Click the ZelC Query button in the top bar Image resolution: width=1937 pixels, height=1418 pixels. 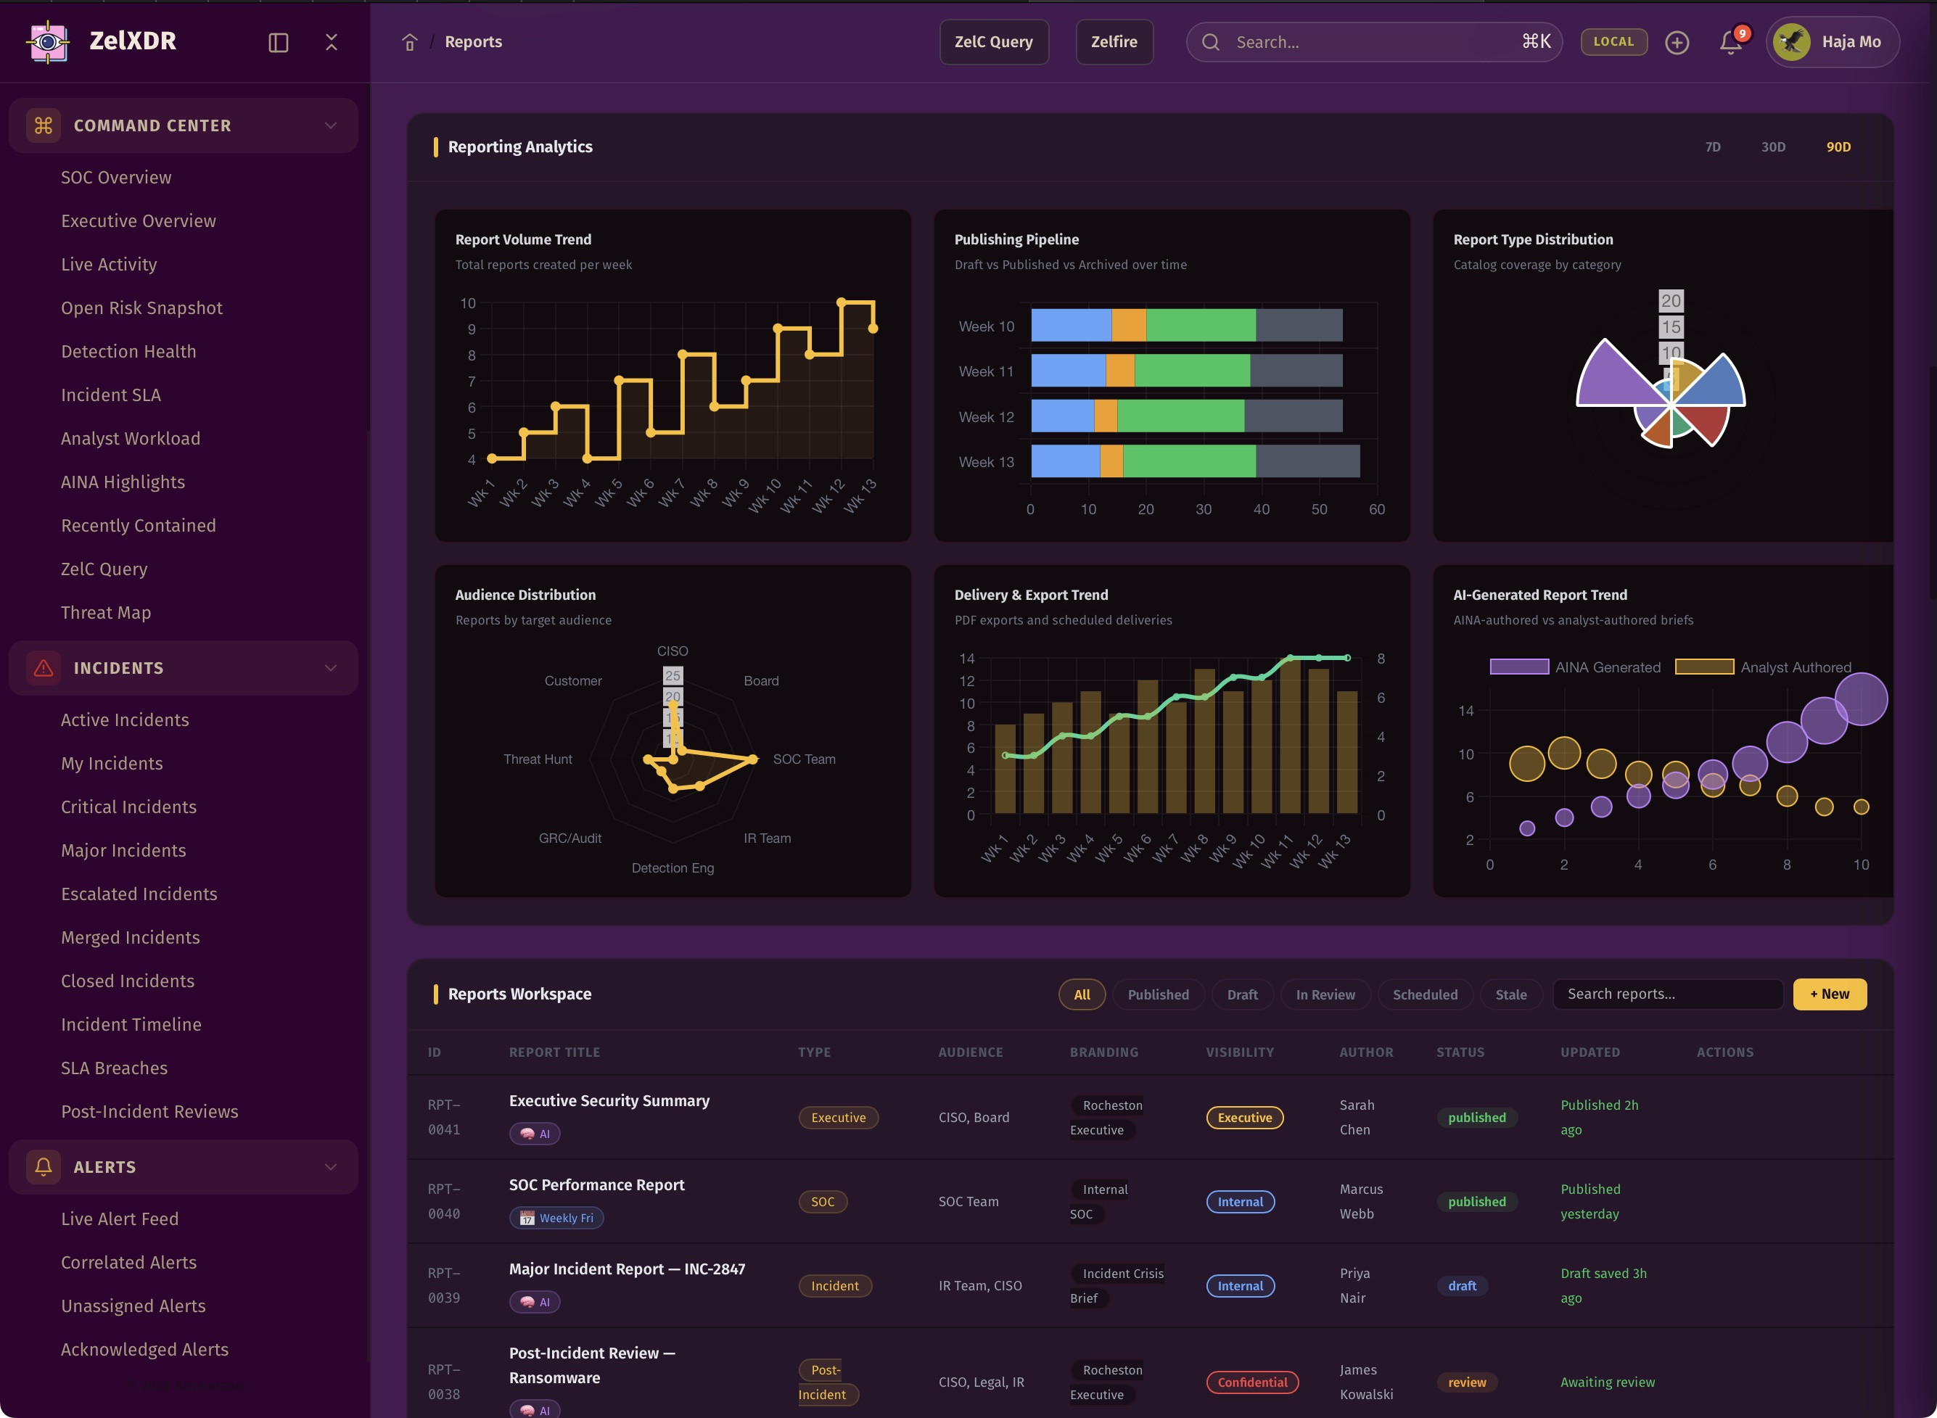[x=993, y=42]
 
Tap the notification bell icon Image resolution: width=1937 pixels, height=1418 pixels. [x=1730, y=42]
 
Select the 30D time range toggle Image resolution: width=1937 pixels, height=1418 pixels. [x=1773, y=147]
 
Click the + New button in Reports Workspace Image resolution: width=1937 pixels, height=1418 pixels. [x=1829, y=994]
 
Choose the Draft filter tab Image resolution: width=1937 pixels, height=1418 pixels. [x=1241, y=994]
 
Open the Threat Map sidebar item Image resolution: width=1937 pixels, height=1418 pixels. [x=106, y=612]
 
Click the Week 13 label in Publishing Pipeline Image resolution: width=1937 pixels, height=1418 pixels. [x=986, y=462]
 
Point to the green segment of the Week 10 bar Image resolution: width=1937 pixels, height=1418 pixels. [x=1201, y=326]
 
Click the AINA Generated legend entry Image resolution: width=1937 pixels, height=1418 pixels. [x=1575, y=667]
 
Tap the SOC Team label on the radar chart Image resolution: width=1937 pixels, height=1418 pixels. [x=804, y=759]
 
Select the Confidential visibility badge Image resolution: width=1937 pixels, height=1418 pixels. [x=1252, y=1382]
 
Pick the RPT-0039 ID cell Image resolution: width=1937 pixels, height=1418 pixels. [x=444, y=1285]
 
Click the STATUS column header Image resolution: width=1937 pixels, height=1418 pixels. [x=1460, y=1052]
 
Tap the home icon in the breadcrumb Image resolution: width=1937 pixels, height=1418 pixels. [x=410, y=42]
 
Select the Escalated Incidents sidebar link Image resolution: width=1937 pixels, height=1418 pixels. [x=139, y=894]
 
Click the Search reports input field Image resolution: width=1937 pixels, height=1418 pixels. [x=1666, y=994]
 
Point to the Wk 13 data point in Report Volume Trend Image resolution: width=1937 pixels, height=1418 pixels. [x=872, y=328]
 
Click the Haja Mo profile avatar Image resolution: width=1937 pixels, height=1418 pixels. [x=1792, y=42]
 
